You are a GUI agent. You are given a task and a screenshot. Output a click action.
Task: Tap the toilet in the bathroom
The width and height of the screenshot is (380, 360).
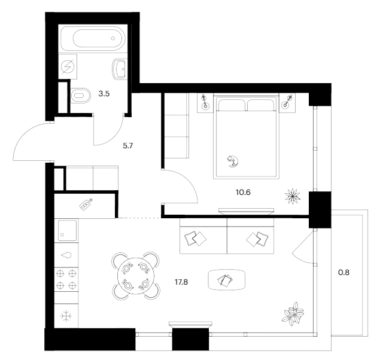79,96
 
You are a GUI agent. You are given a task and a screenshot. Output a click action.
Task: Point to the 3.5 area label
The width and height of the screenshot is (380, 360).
104,94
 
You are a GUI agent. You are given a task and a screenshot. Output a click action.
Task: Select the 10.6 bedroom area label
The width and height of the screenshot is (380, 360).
244,192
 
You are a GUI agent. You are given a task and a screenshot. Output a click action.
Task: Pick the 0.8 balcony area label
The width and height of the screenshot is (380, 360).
344,273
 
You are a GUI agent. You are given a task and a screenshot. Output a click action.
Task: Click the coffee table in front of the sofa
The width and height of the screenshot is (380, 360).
226,279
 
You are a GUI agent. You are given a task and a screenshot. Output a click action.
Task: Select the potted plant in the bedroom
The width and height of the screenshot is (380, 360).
293,194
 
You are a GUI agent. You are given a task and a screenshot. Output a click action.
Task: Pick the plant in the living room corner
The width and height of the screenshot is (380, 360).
294,313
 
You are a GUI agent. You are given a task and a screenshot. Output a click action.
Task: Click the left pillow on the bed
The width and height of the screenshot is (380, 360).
232,106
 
